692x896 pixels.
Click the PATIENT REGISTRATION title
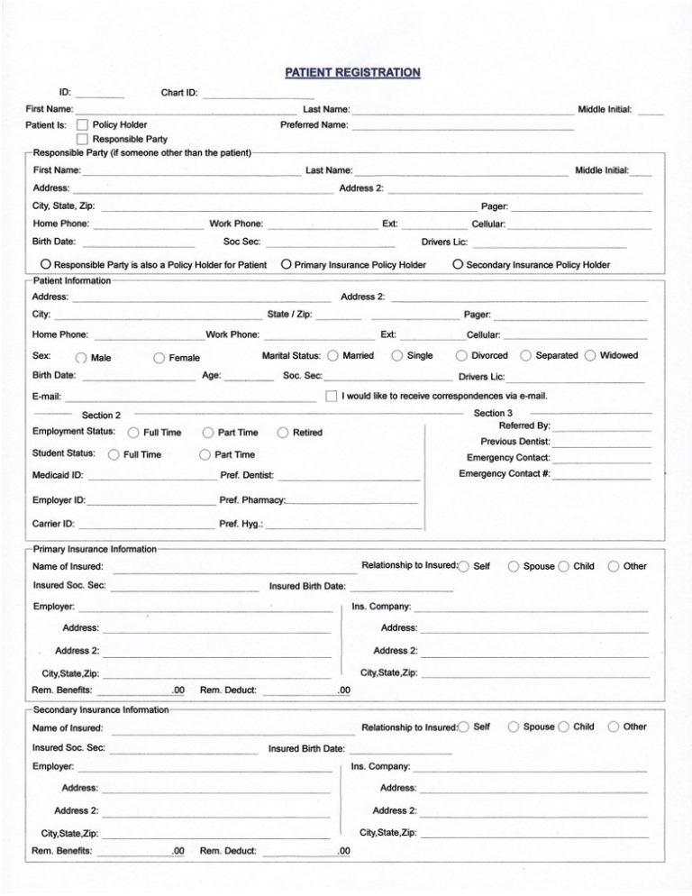[x=352, y=71]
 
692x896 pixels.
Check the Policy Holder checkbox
[x=82, y=124]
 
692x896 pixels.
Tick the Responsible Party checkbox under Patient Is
[x=82, y=139]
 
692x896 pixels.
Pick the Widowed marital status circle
[x=590, y=356]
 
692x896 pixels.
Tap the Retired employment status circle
[x=281, y=433]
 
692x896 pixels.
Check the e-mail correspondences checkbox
[x=331, y=396]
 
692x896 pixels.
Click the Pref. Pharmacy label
[x=251, y=499]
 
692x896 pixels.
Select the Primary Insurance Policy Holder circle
[x=285, y=265]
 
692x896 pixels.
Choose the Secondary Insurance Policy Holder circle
[x=458, y=265]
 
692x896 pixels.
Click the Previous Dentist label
[x=514, y=442]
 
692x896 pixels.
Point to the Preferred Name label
[x=314, y=124]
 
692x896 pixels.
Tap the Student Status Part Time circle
[x=205, y=454]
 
